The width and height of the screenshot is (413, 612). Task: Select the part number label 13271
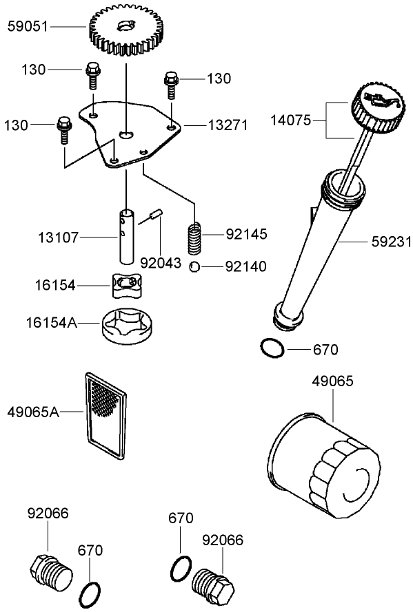(x=222, y=125)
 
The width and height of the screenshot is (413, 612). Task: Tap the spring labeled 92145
(x=197, y=238)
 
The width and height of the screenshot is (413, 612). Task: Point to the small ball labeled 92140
(x=196, y=266)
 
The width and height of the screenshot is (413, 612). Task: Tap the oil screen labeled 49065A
(x=105, y=415)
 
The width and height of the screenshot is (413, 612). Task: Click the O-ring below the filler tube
(x=272, y=348)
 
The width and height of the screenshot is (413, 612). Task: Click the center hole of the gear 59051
(x=125, y=26)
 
